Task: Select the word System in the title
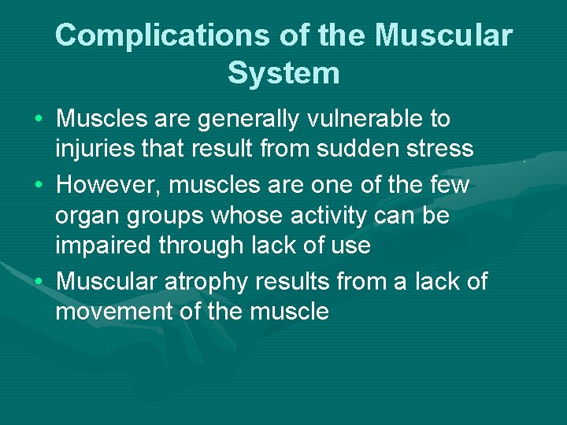283,73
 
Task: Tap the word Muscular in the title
443,35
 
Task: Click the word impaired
104,246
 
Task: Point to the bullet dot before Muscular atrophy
39,282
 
